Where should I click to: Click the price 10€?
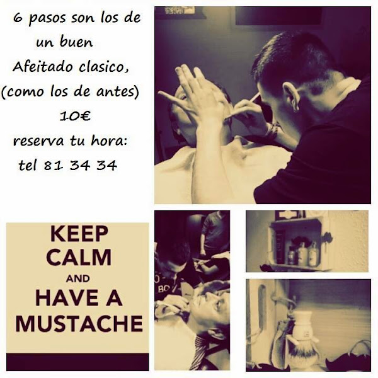75,116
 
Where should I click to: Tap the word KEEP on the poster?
79,233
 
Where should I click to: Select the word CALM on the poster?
79,257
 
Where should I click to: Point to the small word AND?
78,278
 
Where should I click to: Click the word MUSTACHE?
79,323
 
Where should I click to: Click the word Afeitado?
42,66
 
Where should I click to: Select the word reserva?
38,141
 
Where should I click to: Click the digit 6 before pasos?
17,18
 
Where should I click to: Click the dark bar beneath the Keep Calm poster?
77,362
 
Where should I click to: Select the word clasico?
104,67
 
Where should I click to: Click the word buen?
76,42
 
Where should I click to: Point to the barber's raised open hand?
193,91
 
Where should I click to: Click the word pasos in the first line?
47,20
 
